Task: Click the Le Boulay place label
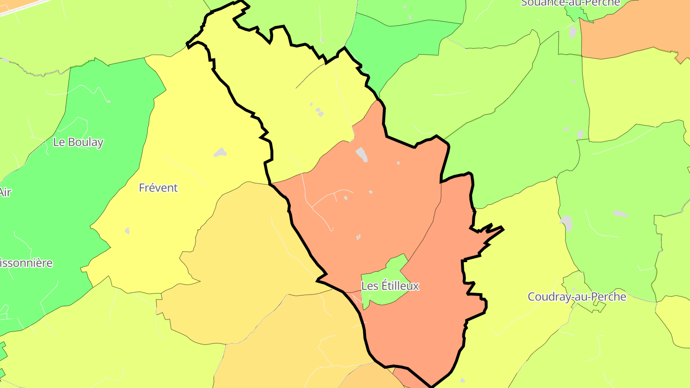tap(78, 142)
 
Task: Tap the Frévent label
tap(158, 188)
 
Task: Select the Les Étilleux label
tap(390, 286)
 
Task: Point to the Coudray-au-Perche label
tap(577, 297)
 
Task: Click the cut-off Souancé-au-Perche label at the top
tap(570, 3)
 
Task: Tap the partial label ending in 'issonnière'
tap(26, 263)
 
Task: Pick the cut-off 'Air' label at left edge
tap(5, 192)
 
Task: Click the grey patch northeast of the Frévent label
tap(220, 152)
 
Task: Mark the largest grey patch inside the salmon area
tap(362, 154)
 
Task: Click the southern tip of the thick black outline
tap(431, 386)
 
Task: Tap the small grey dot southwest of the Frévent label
tap(127, 230)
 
